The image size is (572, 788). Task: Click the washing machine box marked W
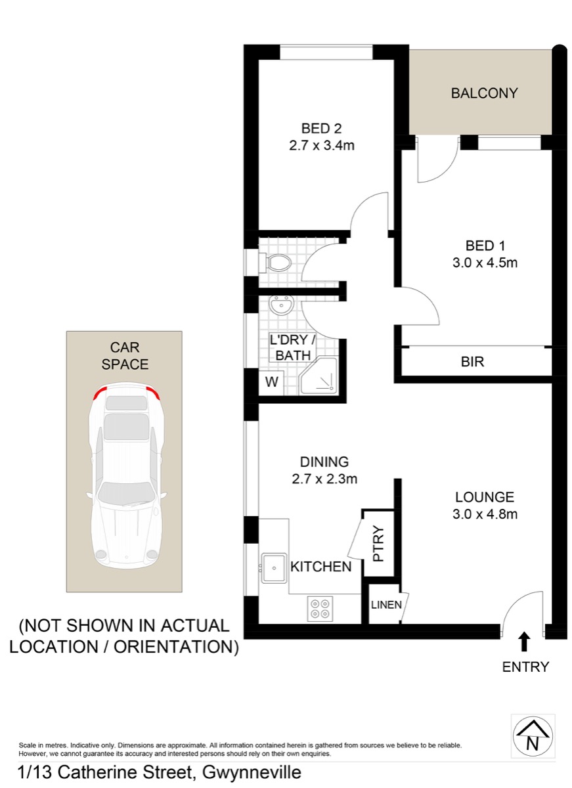point(271,383)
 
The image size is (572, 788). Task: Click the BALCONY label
point(484,93)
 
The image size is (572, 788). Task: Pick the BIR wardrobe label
point(472,362)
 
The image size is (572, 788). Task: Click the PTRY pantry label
point(378,543)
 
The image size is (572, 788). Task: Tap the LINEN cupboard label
point(386,605)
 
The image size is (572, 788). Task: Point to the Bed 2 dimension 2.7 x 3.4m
point(322,145)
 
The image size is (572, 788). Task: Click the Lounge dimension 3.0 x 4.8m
point(485,514)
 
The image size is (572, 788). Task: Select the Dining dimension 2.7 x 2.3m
point(324,479)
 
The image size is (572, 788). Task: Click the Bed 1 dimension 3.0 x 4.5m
point(485,263)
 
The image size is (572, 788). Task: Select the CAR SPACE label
point(125,356)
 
